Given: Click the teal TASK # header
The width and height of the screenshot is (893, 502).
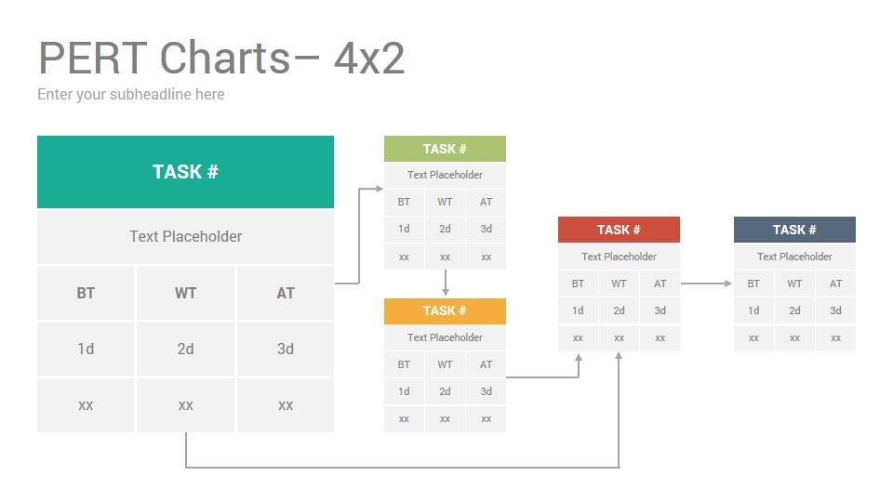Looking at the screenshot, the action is tap(186, 172).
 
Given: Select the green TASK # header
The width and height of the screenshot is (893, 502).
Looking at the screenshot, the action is tap(445, 149).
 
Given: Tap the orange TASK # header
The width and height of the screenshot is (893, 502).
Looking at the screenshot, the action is tap(445, 310).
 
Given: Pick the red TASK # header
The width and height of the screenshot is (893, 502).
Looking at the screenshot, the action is tap(620, 230).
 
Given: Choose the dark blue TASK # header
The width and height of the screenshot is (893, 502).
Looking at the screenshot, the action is tap(794, 230).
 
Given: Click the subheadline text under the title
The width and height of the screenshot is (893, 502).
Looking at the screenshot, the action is tap(131, 95).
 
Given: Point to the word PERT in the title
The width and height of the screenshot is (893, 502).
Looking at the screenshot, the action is tap(93, 58).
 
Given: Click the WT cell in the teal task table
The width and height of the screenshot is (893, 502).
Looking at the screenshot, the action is tap(186, 293).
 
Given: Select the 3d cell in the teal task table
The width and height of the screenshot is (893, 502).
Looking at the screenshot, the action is tap(286, 349).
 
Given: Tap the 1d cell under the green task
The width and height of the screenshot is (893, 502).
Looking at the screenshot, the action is tap(404, 229).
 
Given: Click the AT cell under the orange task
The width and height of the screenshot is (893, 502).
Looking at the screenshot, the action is tap(486, 364).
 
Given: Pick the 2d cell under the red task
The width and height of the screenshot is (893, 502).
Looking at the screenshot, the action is tap(620, 310).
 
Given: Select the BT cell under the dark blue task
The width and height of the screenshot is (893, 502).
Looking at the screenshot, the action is tap(753, 284).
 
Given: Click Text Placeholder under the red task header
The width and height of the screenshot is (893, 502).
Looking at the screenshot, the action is tap(620, 257).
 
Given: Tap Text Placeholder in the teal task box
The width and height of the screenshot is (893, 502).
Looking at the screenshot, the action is tap(186, 236).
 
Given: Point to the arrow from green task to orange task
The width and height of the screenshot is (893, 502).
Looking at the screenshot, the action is tap(446, 283).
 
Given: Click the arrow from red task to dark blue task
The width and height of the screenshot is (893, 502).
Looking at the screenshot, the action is tap(706, 284).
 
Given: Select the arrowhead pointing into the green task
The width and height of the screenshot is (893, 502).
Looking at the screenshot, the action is tap(380, 189).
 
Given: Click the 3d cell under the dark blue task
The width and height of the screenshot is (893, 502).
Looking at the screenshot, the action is tap(835, 310).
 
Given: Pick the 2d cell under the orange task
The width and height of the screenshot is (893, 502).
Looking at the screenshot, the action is tap(445, 391).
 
